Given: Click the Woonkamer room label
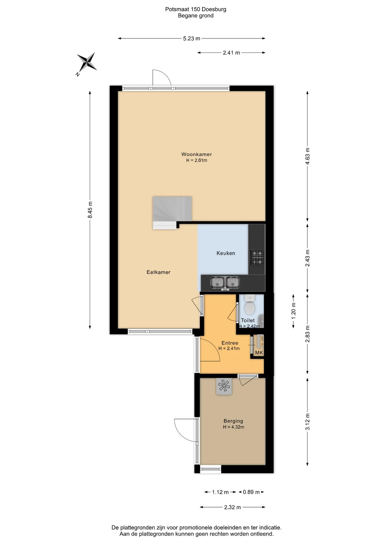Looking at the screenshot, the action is pos(196,154).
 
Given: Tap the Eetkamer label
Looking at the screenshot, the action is pos(158,272).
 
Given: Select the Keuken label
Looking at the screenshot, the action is pos(226,253).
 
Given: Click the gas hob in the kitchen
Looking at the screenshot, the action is pos(257,258).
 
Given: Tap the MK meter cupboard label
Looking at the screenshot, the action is pos(259,353).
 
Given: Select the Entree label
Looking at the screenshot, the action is pos(230,343).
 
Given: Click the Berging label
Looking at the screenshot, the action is pos(233,421).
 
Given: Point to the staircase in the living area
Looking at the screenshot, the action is pos(172,213).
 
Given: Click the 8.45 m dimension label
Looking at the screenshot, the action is pos(90,210).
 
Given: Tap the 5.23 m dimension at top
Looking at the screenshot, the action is pos(192,39).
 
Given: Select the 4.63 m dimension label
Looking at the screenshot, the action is pos(308,156).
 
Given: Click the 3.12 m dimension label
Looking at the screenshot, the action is pos(308,422).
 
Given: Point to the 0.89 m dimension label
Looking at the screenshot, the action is pos(251,492).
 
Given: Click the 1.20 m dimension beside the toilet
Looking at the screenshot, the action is pos(293,311).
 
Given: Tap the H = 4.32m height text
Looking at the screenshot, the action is pos(233,427).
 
